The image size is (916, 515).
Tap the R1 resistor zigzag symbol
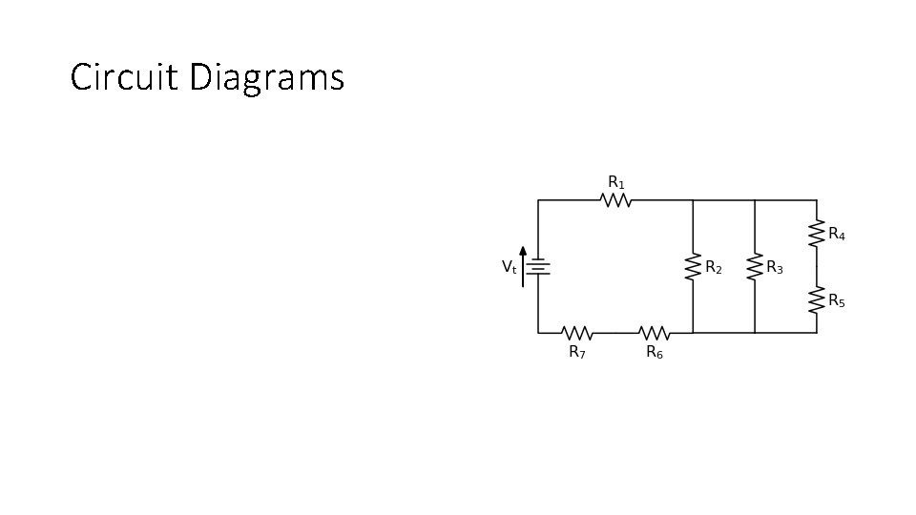point(616,200)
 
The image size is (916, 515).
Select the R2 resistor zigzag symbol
point(693,267)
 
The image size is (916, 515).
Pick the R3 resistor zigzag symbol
point(755,267)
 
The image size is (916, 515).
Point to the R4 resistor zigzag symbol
point(817,234)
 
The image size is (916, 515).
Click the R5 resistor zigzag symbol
point(817,300)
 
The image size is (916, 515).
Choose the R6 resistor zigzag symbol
point(654,333)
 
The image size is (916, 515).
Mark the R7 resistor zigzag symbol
point(577,333)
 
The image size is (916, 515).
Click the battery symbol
point(538,267)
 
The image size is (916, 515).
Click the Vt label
point(509,268)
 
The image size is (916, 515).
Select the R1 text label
point(616,181)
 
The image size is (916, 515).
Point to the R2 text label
point(713,268)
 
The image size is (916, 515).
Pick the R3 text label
point(774,268)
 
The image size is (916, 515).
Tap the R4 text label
point(836,234)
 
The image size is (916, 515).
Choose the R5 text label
point(836,301)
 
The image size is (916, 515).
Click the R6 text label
point(655,352)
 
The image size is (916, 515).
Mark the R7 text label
point(577,352)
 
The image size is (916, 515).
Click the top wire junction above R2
point(693,200)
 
